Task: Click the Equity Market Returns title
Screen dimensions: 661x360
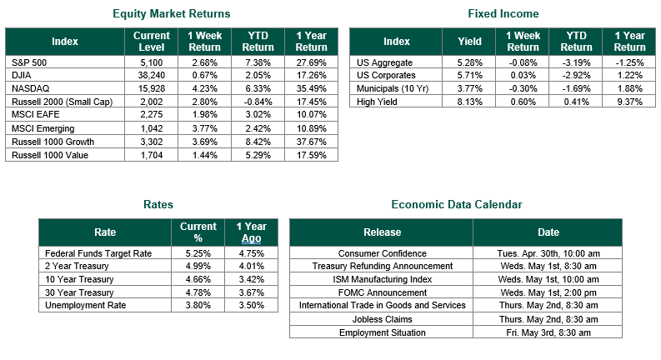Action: click(171, 14)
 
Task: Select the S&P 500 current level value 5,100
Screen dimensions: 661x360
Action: click(152, 62)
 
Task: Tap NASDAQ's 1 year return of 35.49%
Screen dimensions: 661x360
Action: click(311, 88)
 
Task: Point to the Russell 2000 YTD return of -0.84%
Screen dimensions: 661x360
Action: click(258, 102)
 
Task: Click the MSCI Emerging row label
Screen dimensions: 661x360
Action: click(43, 128)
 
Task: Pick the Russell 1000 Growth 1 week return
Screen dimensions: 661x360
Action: click(204, 142)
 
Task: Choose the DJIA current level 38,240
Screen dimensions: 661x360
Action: click(152, 76)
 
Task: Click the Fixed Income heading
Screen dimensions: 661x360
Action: click(503, 14)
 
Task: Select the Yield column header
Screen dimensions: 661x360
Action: click(469, 42)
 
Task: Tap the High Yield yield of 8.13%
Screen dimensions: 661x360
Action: click(469, 102)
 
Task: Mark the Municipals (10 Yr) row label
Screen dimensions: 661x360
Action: click(392, 88)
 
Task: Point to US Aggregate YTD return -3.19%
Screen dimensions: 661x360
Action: click(576, 62)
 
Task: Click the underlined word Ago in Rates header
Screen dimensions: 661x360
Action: click(251, 238)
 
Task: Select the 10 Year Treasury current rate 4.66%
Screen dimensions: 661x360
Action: click(198, 279)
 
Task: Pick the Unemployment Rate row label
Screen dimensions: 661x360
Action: click(86, 305)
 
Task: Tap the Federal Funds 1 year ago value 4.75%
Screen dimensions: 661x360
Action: click(251, 253)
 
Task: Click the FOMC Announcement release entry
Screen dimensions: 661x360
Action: click(383, 292)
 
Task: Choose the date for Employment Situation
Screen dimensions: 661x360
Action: click(548, 332)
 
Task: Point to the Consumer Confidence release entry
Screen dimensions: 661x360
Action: click(383, 253)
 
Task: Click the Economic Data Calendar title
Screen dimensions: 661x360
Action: click(457, 204)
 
